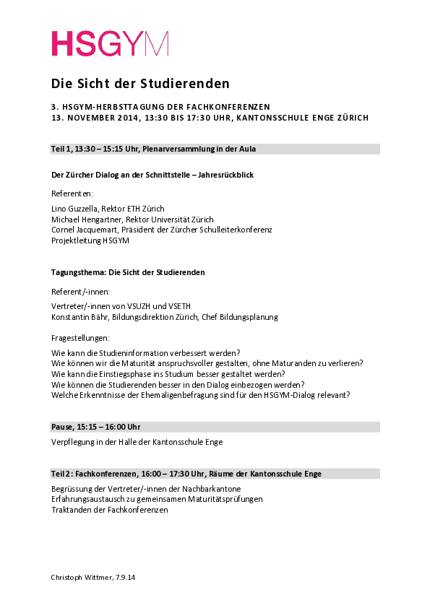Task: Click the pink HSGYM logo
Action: point(109,43)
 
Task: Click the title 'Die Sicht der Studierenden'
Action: point(140,83)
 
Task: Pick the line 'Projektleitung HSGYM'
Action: point(90,240)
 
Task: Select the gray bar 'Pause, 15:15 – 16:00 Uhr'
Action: point(215,427)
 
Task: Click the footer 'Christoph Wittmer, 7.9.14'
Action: point(92,579)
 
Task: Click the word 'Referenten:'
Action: point(72,194)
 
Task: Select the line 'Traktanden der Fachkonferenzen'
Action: point(109,510)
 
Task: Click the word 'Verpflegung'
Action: point(72,442)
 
